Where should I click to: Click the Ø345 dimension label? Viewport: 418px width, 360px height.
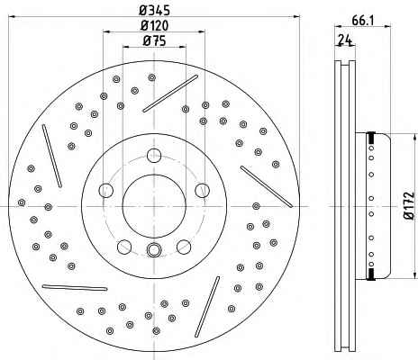click(155, 11)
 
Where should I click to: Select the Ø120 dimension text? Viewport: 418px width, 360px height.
click(155, 25)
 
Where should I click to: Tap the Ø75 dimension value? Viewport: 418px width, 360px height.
click(155, 40)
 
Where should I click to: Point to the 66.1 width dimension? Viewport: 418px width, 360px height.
click(362, 21)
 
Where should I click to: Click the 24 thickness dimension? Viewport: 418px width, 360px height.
click(345, 40)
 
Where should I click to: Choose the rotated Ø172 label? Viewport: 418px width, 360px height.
click(409, 205)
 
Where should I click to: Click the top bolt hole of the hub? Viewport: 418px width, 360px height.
click(154, 156)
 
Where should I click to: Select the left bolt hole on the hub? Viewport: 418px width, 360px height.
click(106, 190)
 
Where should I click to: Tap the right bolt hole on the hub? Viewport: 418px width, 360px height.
click(202, 190)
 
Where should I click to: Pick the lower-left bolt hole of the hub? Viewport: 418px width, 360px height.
click(124, 247)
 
